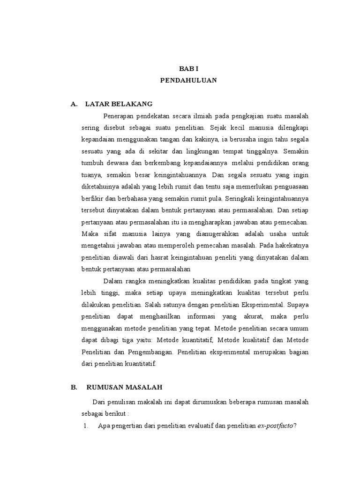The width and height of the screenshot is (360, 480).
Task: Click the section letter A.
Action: (74, 104)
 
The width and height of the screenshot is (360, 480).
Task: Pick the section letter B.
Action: (74, 387)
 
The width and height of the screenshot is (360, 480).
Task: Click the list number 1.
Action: (86, 426)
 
